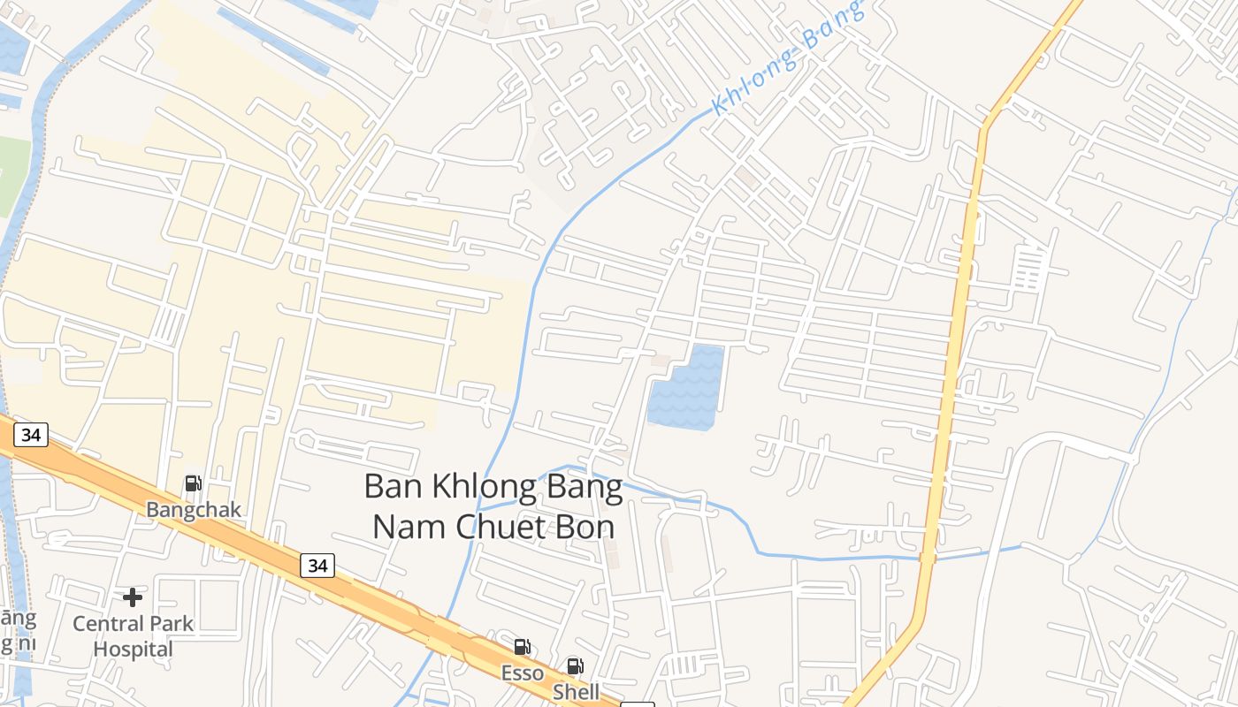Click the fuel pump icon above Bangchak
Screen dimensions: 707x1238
[193, 483]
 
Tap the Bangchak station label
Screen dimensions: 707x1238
[194, 510]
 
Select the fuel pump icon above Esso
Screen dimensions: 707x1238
[523, 647]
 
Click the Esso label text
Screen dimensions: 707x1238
[523, 673]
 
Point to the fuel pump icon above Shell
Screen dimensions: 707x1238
[575, 666]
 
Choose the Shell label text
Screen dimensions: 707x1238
[576, 692]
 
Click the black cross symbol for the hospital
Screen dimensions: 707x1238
[133, 597]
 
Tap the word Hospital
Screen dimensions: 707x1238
[134, 650]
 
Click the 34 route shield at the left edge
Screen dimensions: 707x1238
[31, 435]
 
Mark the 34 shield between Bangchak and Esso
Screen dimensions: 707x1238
[317, 565]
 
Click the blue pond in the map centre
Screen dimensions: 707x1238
[686, 388]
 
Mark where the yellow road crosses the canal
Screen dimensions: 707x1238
[927, 558]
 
